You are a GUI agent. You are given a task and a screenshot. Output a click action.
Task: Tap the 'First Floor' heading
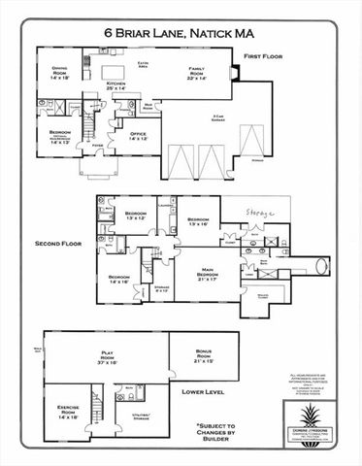pos(262,57)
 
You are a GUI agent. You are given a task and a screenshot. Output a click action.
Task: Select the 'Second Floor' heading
pos(58,243)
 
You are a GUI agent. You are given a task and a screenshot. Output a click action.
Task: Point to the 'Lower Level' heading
pos(204,392)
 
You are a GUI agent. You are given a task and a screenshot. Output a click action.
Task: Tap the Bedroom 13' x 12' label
pos(135,216)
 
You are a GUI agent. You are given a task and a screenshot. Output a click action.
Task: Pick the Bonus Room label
pos(203,358)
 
